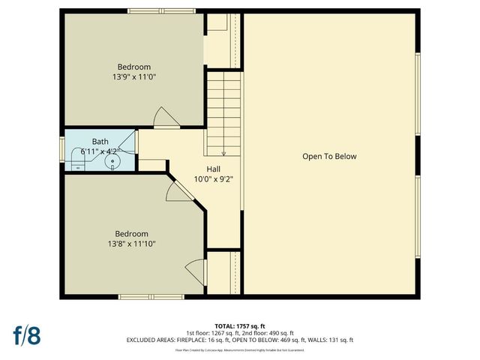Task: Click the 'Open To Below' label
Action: point(329,157)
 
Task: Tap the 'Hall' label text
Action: point(214,169)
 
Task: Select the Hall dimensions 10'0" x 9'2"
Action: point(214,179)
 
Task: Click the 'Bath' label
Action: point(100,142)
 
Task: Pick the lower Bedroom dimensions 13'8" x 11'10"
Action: point(131,243)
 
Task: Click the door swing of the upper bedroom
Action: point(164,117)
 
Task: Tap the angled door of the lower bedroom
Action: point(173,193)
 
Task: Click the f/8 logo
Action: point(25,335)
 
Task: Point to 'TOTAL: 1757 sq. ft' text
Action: point(239,326)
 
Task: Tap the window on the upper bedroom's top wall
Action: point(154,12)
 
